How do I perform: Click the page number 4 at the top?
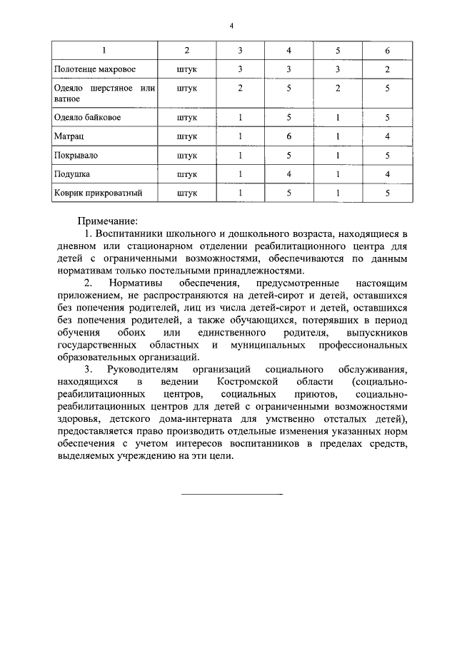231,26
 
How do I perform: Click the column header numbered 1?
105,51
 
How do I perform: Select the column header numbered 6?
386,51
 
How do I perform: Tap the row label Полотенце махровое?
94,69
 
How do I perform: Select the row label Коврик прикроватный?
98,192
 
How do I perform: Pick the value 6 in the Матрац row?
288,134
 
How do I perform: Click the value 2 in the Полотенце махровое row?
386,69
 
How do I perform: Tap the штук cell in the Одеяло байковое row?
186,116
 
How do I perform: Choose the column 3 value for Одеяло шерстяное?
241,88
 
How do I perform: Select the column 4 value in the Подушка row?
288,173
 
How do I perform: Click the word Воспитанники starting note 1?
130,234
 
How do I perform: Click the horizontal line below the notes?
231,494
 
